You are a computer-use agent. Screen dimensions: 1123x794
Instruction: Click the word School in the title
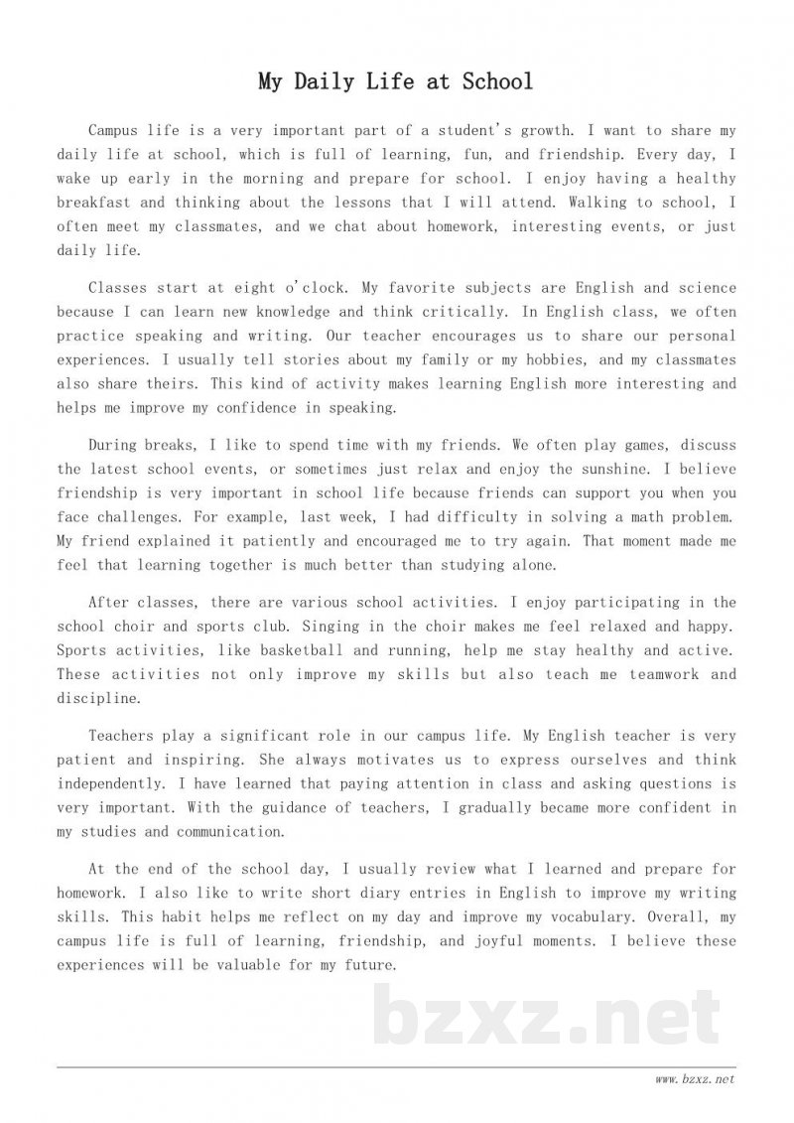[497, 81]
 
